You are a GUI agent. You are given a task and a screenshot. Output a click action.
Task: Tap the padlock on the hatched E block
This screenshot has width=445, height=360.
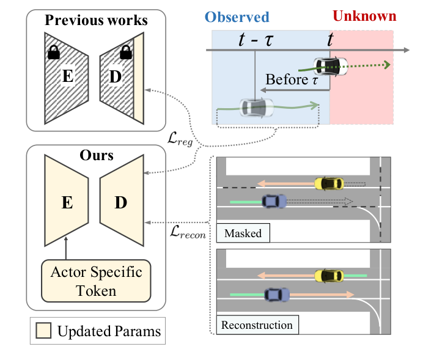pyautogui.click(x=54, y=53)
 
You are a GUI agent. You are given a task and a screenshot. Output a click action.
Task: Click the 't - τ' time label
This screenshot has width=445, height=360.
pyautogui.click(x=256, y=42)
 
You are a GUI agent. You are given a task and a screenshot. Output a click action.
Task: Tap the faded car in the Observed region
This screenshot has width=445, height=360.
pyautogui.click(x=256, y=107)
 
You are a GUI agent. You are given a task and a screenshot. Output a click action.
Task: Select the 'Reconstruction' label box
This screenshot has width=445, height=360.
pyautogui.click(x=257, y=325)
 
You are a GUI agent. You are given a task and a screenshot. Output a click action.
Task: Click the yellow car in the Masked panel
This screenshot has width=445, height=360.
pyautogui.click(x=329, y=183)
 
